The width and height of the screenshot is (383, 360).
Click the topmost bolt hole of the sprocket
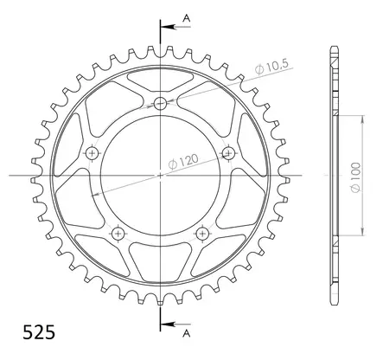point(160,105)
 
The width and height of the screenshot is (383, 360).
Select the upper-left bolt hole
point(93,153)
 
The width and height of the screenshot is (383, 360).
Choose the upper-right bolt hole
point(228,153)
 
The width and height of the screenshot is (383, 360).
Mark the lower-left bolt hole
point(118,233)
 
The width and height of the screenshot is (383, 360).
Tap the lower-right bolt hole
point(202,233)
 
